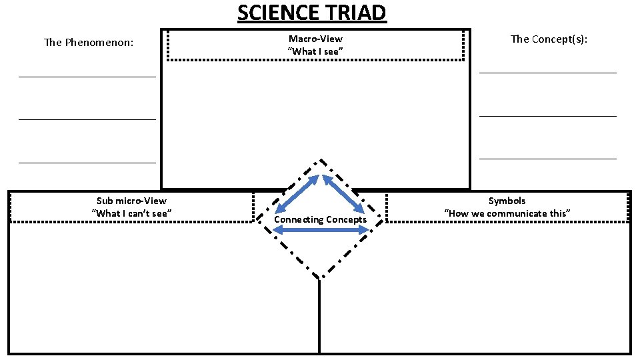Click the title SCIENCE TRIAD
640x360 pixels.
pos(311,13)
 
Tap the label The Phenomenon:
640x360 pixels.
pos(89,43)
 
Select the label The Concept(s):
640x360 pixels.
pos(549,39)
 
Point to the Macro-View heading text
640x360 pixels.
pos(315,39)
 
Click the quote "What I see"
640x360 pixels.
pos(315,51)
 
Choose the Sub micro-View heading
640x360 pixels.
pos(131,201)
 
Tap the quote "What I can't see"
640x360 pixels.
pos(131,213)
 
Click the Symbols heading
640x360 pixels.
pos(507,201)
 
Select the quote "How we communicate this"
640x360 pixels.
pos(507,213)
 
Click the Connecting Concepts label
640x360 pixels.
pos(320,219)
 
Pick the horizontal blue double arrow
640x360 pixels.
pos(321,230)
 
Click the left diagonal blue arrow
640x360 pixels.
pos(298,193)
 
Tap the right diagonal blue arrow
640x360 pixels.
pos(343,193)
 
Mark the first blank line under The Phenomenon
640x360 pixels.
pos(87,77)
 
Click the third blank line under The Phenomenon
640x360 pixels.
pos(87,162)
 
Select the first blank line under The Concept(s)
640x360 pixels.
pos(548,72)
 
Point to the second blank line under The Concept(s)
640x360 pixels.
pos(548,116)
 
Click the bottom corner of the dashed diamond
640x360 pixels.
pos(321,277)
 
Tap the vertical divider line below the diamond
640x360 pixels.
pos(319,317)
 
